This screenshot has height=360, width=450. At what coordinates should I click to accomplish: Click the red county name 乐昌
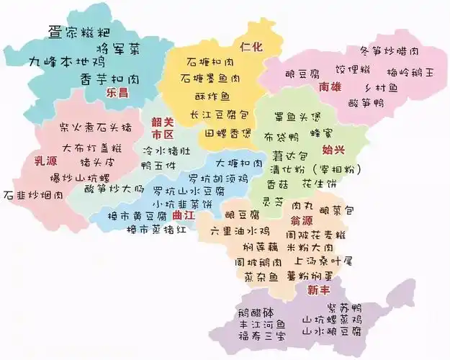[117, 93]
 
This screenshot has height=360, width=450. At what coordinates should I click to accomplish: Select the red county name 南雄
[330, 87]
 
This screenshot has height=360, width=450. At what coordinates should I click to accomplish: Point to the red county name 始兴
[333, 150]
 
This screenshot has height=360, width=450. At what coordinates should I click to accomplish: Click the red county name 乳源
[45, 160]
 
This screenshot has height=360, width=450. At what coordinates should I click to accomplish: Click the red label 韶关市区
[163, 128]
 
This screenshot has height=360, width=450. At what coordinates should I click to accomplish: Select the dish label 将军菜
[119, 48]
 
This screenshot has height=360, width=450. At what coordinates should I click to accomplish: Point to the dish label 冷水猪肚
[166, 151]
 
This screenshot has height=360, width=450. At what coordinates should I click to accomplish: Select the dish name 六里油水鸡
[240, 231]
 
